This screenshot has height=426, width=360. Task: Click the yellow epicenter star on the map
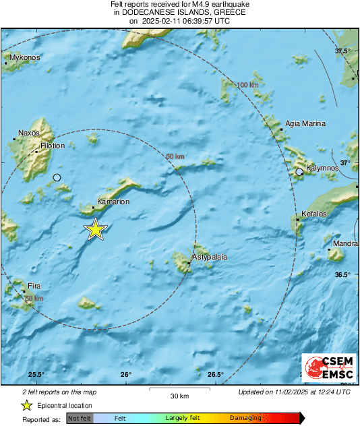point(96,229)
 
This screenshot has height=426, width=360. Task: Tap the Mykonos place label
point(25,58)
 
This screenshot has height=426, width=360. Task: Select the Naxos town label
point(29,133)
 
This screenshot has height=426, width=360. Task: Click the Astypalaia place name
point(210,257)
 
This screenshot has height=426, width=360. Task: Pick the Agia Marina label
point(305,124)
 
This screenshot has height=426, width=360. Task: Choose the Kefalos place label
point(313,214)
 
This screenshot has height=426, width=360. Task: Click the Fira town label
point(34,286)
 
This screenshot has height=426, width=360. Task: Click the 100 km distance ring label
point(248,85)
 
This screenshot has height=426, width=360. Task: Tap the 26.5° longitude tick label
point(215,375)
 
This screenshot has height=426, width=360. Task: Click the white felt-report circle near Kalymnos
point(299,173)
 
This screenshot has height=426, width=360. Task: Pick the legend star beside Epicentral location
point(26,405)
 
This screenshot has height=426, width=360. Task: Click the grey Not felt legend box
point(80,418)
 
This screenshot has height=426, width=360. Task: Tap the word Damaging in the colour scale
point(245,418)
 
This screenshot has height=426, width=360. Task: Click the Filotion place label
point(53,146)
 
